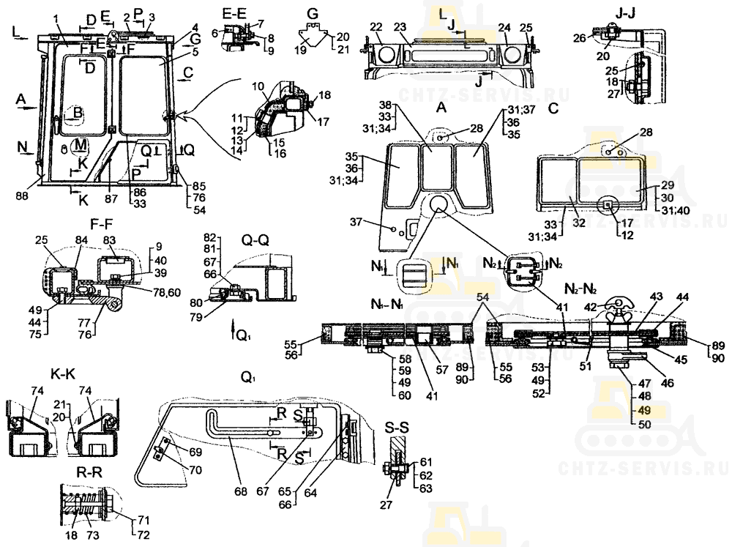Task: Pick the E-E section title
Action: click(x=235, y=11)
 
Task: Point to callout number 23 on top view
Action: click(x=400, y=27)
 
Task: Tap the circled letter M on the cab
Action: click(x=80, y=144)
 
